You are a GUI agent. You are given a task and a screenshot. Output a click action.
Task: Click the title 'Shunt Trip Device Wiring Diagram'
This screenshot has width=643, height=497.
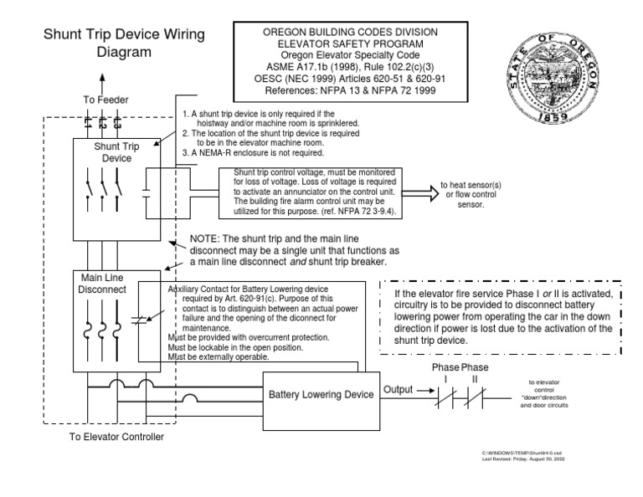coord(129,43)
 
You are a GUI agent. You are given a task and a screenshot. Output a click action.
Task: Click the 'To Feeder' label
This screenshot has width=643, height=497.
coord(105,100)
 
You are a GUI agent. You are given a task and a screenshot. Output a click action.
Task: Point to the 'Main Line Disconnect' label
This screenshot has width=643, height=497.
coord(102,284)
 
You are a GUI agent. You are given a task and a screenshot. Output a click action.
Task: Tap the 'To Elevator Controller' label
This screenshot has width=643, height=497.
coord(116,437)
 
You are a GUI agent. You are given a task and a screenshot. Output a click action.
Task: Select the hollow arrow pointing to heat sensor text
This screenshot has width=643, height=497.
coord(420,192)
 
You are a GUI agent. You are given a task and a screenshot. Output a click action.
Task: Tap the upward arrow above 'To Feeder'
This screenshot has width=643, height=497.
coord(103,82)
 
